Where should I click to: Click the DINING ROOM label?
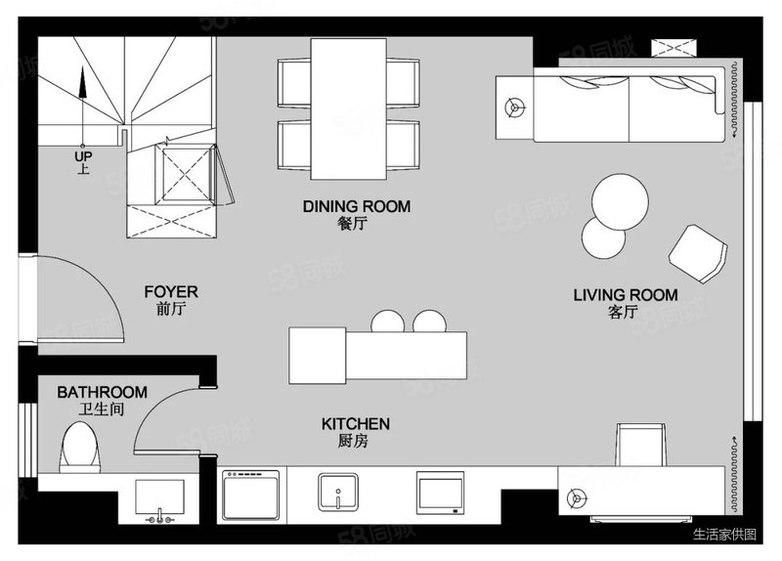pos(357,206)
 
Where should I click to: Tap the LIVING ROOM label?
pos(626,295)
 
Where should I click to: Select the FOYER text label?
pos(171,291)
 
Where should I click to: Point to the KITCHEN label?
pos(356,424)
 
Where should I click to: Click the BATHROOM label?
pos(103,393)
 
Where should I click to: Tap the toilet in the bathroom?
pos(80,448)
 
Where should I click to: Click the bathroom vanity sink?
pos(159,500)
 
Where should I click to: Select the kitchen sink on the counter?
pos(338,493)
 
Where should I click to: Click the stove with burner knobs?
pos(251,496)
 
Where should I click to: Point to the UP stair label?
pos(83,156)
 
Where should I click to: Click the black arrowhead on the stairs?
pos(83,83)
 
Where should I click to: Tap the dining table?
pos(349,108)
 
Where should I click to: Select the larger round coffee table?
pos(620,202)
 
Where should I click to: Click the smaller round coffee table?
pos(602,239)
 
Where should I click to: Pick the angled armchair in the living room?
pos(698,254)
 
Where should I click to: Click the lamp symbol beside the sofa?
pos(514,108)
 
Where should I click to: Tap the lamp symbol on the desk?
pos(578,497)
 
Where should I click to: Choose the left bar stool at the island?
pos(387,323)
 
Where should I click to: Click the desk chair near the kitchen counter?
pos(641,445)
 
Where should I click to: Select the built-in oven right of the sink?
pos(441,494)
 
